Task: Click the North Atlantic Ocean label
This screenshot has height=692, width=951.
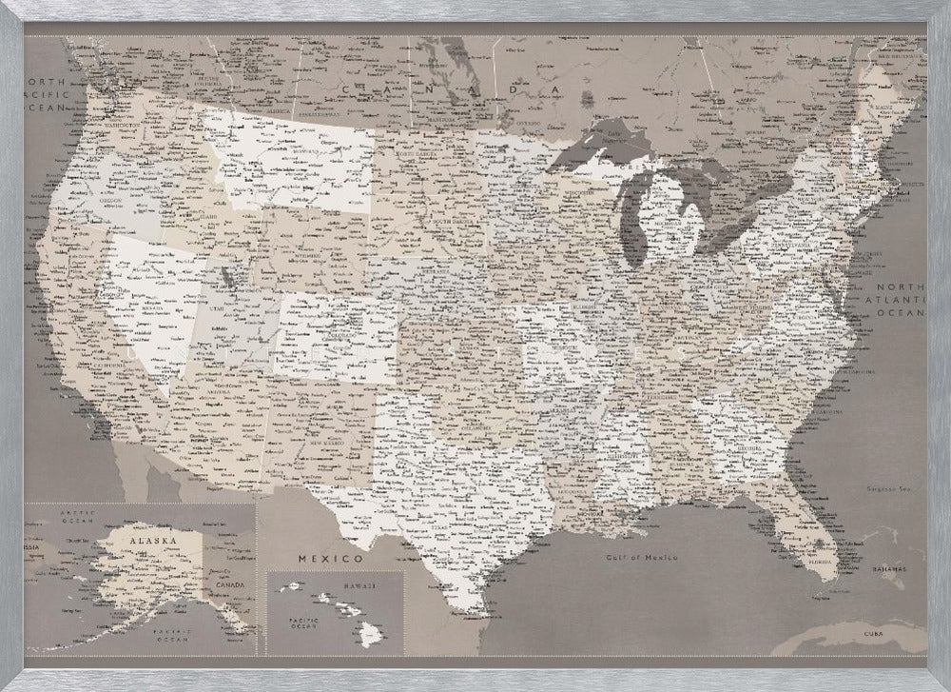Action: [x=899, y=299]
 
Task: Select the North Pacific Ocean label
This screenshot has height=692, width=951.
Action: [x=47, y=95]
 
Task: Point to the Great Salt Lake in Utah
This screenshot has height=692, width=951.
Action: [x=227, y=276]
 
